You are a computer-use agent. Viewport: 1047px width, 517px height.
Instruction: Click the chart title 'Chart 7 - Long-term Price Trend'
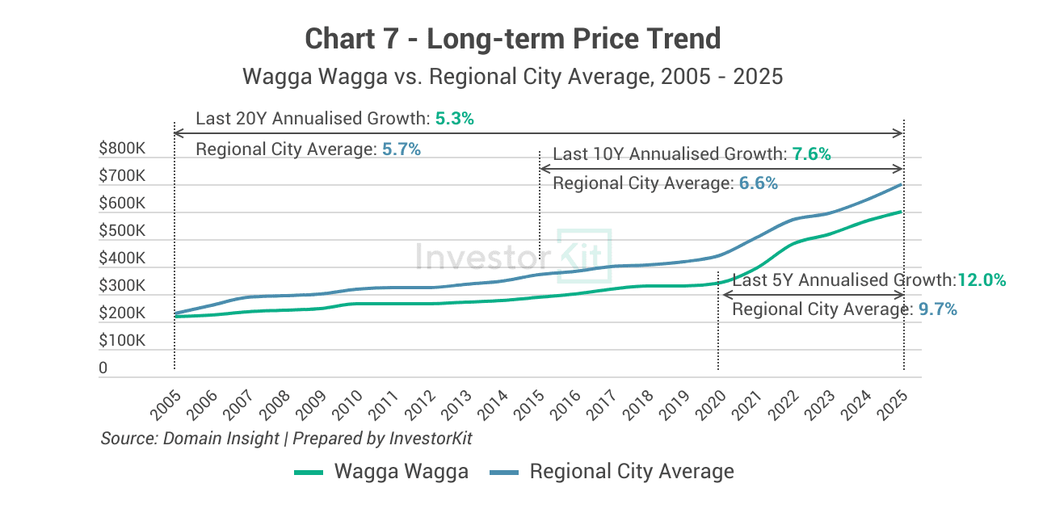click(512, 38)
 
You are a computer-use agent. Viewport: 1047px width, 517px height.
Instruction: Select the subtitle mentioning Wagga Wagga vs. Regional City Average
click(512, 77)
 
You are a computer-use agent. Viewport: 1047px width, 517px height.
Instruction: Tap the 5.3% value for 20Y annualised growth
click(454, 119)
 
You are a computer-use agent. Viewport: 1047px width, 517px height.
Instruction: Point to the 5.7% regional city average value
click(402, 149)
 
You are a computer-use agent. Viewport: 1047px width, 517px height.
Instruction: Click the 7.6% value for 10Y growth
click(811, 154)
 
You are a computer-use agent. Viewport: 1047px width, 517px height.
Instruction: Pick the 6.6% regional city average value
click(758, 184)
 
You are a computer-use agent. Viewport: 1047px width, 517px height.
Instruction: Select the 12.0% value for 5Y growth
click(982, 280)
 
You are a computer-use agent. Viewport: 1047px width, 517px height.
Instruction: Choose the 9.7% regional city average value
click(938, 309)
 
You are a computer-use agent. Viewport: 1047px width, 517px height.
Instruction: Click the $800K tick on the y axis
click(122, 149)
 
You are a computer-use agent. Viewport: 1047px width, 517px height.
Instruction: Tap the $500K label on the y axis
click(122, 231)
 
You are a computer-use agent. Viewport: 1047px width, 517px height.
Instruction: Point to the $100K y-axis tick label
click(122, 341)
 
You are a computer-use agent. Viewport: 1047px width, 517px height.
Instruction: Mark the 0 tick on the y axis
click(103, 368)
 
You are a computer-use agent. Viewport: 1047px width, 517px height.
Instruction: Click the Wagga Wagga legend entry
click(381, 472)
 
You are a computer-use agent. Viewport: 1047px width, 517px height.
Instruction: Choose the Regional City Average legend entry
click(612, 472)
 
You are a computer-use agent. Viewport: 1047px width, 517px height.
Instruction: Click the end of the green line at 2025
click(901, 212)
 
